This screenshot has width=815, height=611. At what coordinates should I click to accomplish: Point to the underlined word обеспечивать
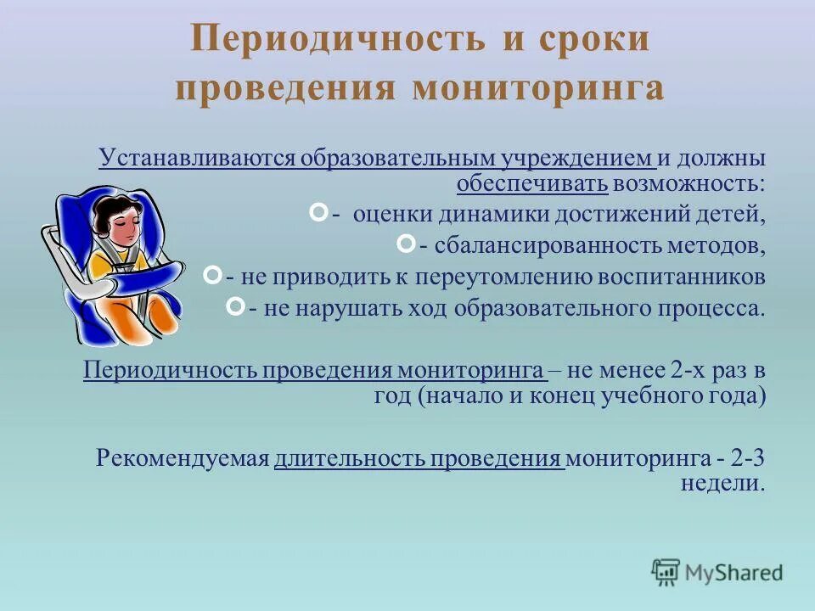tap(531, 182)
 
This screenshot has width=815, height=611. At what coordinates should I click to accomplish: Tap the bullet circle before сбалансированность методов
tap(407, 244)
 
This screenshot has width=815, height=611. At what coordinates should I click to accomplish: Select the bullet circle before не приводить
tap(213, 275)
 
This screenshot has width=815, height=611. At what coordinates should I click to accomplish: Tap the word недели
tap(722, 483)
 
